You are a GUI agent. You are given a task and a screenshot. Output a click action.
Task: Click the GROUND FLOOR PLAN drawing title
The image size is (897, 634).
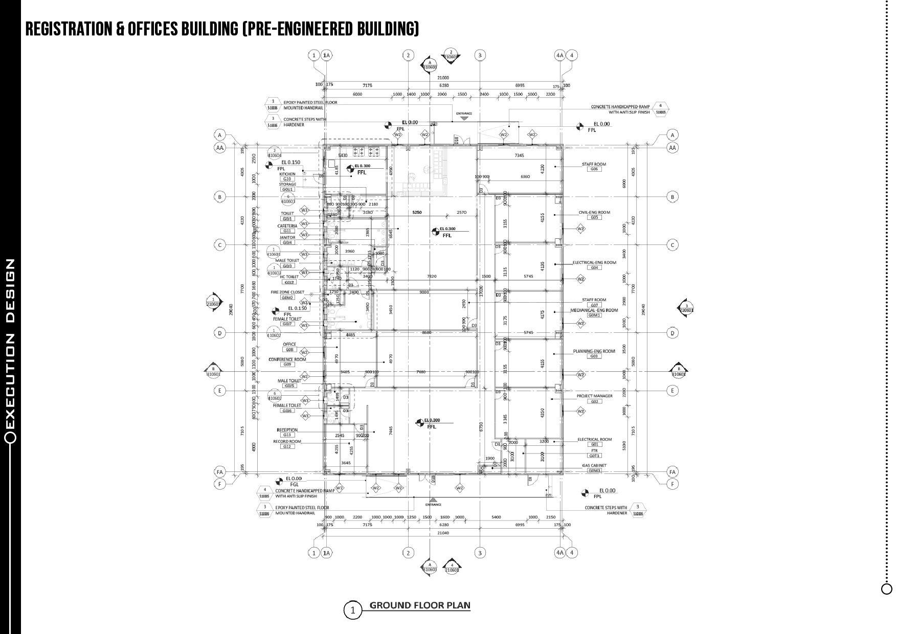(x=419, y=605)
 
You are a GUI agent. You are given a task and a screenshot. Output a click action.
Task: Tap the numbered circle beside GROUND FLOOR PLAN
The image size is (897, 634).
(x=352, y=610)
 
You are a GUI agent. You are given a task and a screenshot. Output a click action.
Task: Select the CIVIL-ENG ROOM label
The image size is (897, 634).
(x=594, y=212)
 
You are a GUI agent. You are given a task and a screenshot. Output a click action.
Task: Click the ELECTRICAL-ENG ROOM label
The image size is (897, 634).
(x=594, y=262)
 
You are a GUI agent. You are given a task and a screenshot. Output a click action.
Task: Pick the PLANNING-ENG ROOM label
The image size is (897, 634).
(x=594, y=351)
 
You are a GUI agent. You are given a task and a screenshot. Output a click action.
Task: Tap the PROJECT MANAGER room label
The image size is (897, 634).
(x=594, y=396)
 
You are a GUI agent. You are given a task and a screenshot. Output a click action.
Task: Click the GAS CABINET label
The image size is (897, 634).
(x=594, y=465)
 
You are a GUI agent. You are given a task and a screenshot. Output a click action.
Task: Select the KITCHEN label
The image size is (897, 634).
(x=287, y=174)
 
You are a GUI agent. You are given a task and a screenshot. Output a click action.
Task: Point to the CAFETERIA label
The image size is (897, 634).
(x=287, y=226)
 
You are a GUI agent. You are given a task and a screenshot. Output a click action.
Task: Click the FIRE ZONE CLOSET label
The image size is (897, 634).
(x=287, y=292)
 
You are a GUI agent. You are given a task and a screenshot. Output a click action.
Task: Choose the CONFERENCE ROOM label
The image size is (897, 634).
(x=287, y=359)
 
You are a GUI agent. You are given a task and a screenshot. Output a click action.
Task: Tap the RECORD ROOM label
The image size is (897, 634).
(x=287, y=441)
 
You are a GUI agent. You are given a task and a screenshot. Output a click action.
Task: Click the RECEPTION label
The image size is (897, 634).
(x=287, y=430)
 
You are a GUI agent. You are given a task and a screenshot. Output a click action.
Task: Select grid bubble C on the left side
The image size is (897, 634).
(x=220, y=245)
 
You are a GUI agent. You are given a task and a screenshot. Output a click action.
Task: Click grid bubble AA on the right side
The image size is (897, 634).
(x=672, y=148)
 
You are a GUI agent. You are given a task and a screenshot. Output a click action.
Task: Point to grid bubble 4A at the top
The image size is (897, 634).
(x=559, y=55)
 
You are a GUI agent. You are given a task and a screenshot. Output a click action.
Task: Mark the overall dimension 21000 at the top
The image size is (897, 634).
(x=443, y=78)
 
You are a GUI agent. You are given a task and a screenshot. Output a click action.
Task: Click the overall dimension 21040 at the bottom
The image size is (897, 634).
(x=443, y=533)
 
